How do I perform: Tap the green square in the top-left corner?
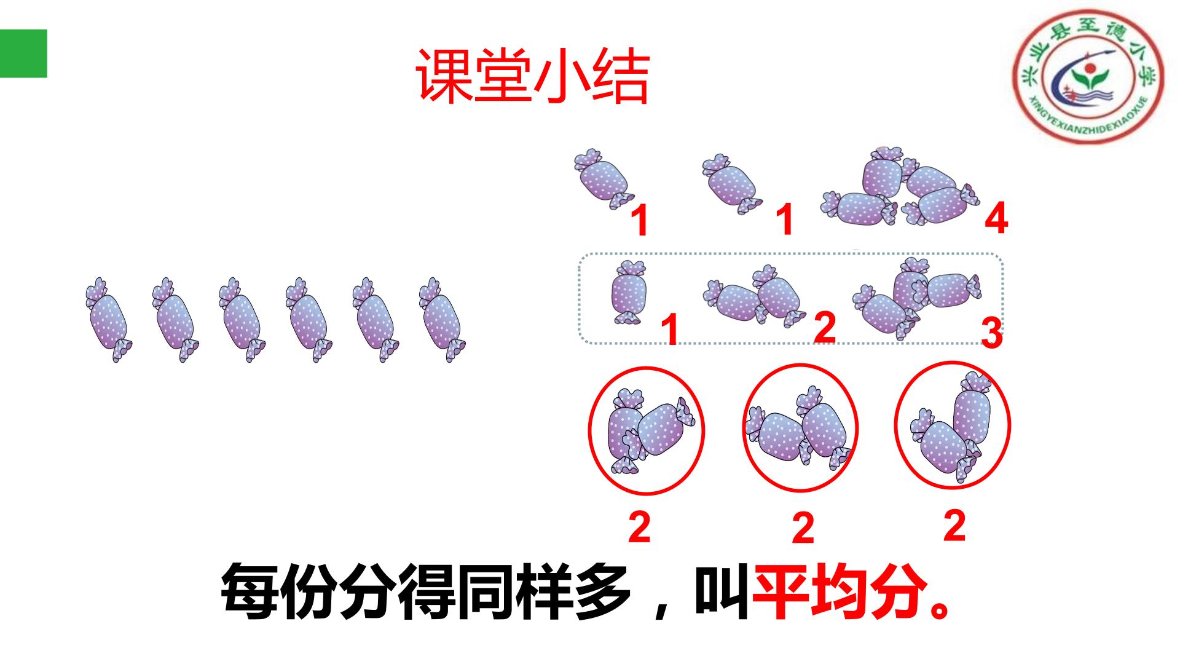23,53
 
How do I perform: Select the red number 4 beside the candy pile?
996,219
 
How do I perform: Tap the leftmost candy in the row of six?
109,319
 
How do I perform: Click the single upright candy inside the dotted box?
628,291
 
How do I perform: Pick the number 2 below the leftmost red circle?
639,527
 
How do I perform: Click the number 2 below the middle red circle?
802,528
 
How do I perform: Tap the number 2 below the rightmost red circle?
954,526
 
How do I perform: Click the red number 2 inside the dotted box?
824,328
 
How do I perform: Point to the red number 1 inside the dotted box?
671,330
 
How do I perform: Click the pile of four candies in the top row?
901,187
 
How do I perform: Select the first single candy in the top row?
604,178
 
